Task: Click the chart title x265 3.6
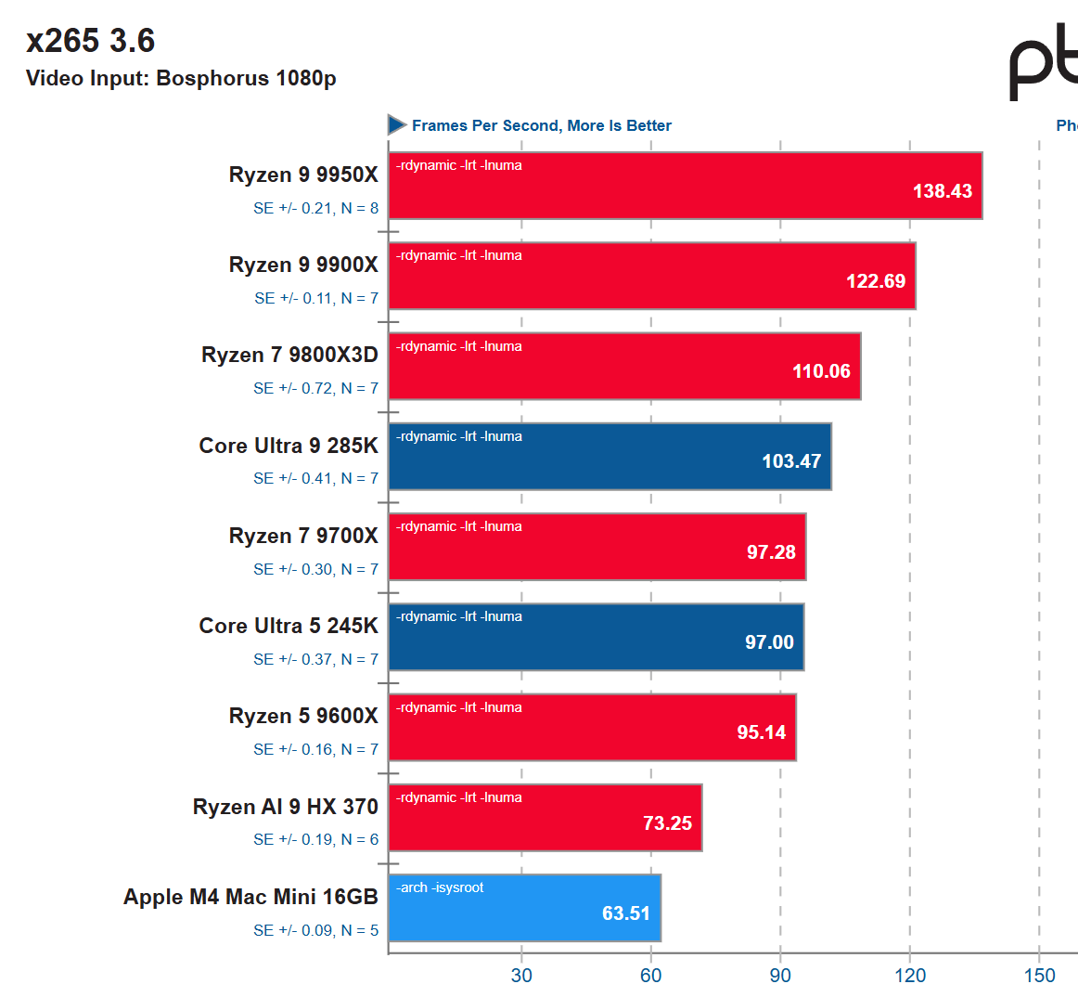click(90, 41)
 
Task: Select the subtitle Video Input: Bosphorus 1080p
click(181, 78)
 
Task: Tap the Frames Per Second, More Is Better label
click(541, 125)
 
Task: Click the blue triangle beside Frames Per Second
click(397, 124)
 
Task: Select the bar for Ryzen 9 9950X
click(685, 186)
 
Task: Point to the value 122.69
click(875, 281)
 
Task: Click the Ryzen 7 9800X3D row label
click(289, 355)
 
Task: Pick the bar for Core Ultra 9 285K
click(610, 457)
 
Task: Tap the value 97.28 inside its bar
click(771, 552)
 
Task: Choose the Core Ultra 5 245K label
click(289, 626)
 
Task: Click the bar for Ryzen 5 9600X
click(592, 728)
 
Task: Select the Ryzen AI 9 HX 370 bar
click(545, 818)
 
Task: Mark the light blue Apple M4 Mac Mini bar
click(524, 908)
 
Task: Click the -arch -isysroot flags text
click(440, 887)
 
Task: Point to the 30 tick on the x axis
click(521, 975)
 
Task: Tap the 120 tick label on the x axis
click(910, 975)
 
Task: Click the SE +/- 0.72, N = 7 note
click(315, 388)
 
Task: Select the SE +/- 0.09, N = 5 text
click(315, 930)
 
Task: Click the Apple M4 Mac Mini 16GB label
click(250, 897)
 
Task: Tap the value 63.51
click(625, 913)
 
